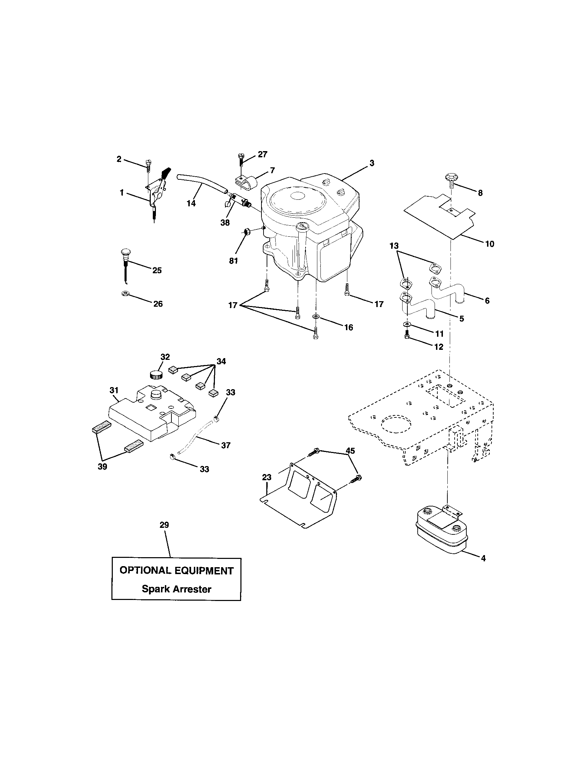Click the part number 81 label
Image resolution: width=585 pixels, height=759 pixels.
234,260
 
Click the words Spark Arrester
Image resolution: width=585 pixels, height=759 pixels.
176,589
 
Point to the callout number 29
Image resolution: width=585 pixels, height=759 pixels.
164,525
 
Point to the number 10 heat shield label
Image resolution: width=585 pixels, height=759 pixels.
489,244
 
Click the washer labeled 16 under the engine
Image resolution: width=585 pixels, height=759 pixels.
316,317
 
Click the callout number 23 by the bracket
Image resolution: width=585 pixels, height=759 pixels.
266,477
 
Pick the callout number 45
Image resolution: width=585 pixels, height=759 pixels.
350,451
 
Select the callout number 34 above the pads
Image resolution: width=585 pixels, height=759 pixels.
221,362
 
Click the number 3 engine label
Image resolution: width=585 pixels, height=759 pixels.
372,163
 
